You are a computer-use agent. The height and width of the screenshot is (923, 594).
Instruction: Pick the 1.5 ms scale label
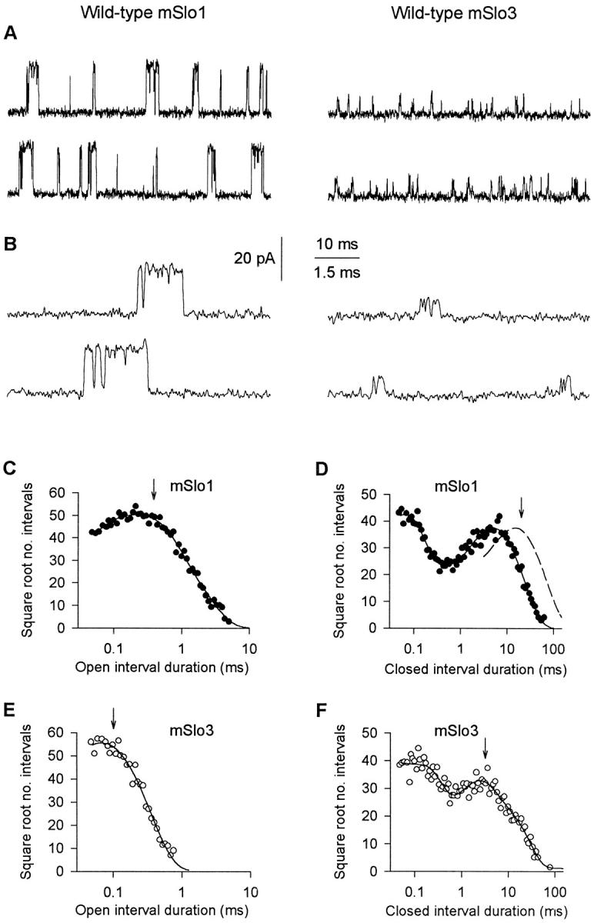coord(338,272)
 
